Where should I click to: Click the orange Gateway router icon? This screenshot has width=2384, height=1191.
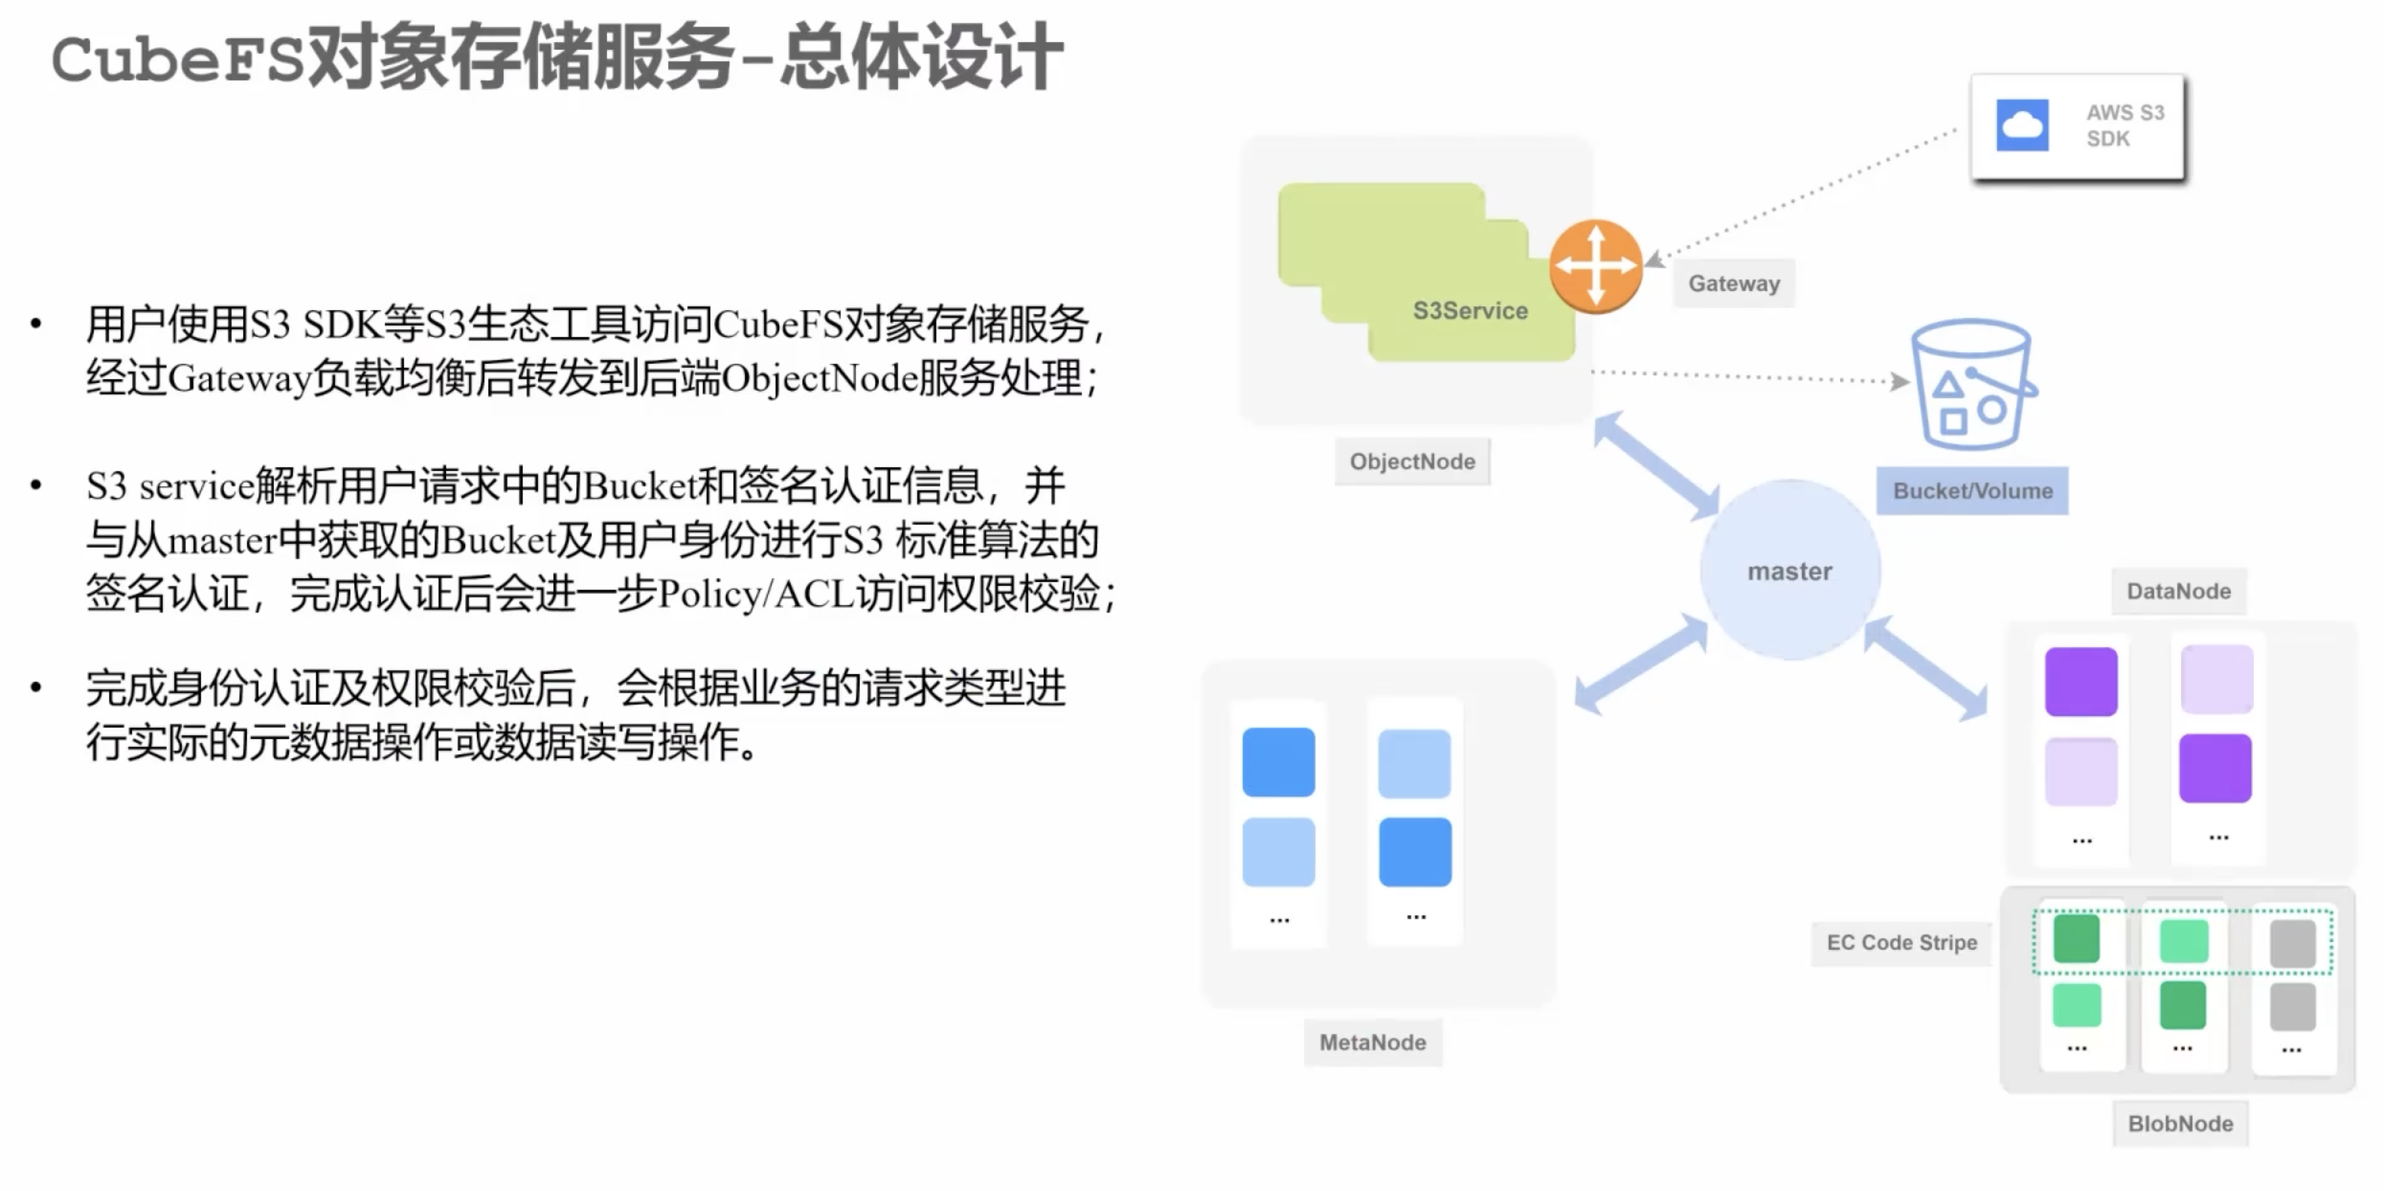pyautogui.click(x=1596, y=266)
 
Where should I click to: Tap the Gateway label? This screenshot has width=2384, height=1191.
pyautogui.click(x=1734, y=283)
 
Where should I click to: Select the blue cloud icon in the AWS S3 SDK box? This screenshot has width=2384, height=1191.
pyautogui.click(x=2022, y=125)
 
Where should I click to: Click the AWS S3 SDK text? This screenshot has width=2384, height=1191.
pyautogui.click(x=2125, y=125)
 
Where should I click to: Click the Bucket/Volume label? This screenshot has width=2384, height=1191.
pyautogui.click(x=1972, y=491)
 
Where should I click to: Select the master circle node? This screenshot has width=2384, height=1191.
pyautogui.click(x=1789, y=571)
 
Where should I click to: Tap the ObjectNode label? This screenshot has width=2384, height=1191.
pyautogui.click(x=1412, y=461)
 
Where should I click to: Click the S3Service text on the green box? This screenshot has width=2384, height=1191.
pyautogui.click(x=1471, y=310)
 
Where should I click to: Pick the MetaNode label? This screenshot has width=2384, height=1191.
pyautogui.click(x=1373, y=1043)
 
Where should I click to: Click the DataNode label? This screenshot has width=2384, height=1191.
pyautogui.click(x=2179, y=592)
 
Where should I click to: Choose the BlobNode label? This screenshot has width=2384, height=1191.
pyautogui.click(x=2180, y=1124)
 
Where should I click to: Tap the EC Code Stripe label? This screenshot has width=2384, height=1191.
pyautogui.click(x=1901, y=943)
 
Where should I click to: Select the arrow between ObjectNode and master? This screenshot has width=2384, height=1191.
pyautogui.click(x=1657, y=466)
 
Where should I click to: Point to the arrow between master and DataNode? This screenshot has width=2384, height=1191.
pyautogui.click(x=1925, y=668)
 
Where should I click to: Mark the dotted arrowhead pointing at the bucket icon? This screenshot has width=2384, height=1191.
pyautogui.click(x=1900, y=381)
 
